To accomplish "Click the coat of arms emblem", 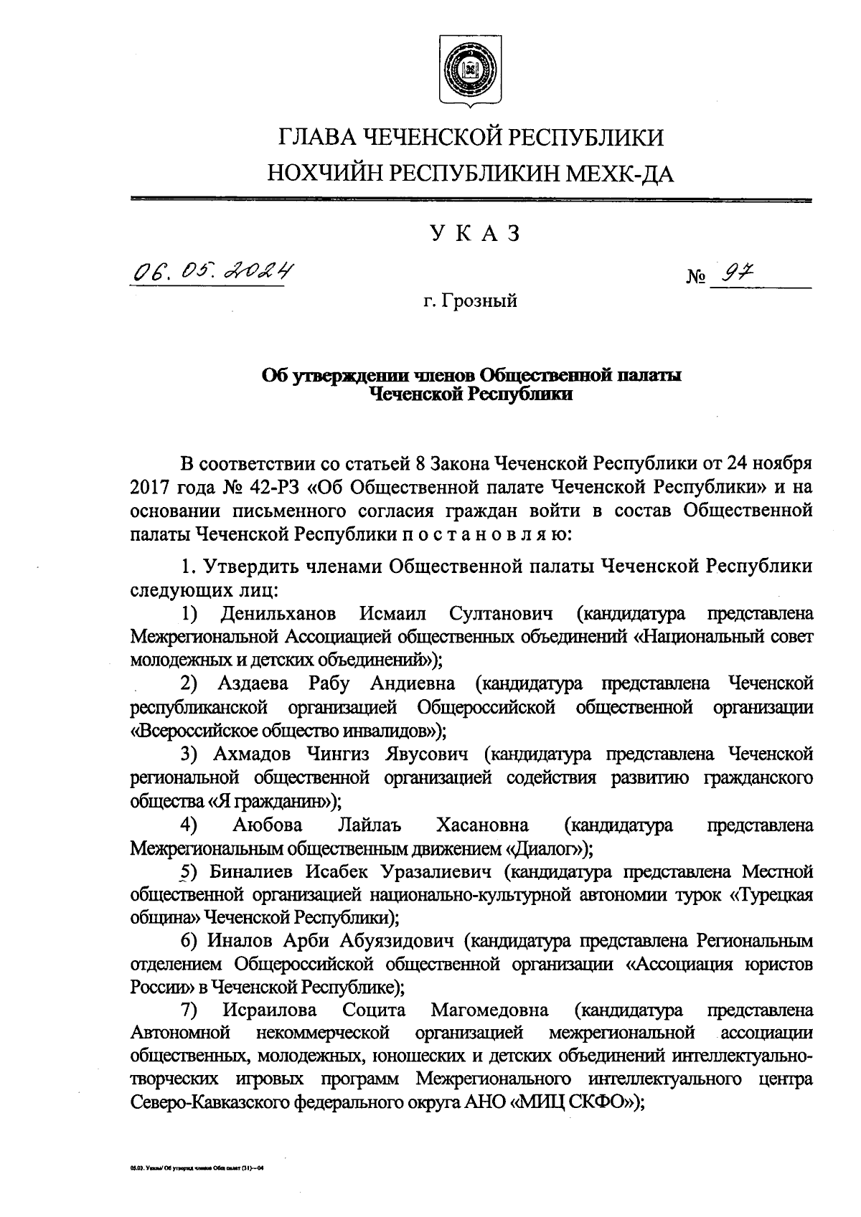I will [x=471, y=70].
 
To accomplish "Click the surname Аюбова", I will [x=268, y=825].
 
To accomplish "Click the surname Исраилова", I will [x=271, y=1011].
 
